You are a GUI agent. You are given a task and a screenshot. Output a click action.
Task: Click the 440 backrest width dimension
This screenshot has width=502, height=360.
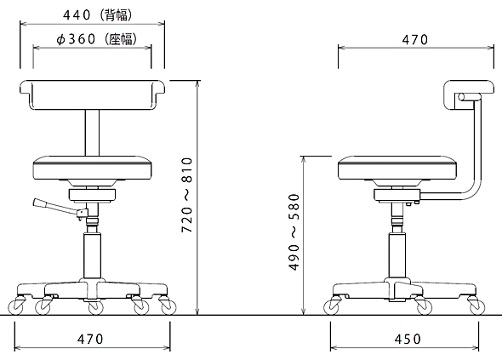point(77,15)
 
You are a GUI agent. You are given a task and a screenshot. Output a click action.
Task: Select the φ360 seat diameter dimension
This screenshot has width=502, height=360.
point(76,39)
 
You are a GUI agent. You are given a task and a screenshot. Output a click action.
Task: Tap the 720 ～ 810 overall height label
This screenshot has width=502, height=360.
point(186,195)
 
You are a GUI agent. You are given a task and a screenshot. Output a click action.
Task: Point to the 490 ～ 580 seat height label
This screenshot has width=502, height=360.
point(294,232)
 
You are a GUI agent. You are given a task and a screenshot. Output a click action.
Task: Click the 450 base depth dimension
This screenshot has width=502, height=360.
point(408,339)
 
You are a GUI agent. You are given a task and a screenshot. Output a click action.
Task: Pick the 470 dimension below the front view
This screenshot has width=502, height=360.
point(90,339)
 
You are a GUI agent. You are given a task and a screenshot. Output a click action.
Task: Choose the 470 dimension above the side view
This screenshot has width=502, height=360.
point(415,39)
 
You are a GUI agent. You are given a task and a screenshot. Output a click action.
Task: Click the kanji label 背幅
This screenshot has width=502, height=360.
point(116,15)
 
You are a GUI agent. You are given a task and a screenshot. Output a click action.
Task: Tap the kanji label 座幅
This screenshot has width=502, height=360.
point(121,39)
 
